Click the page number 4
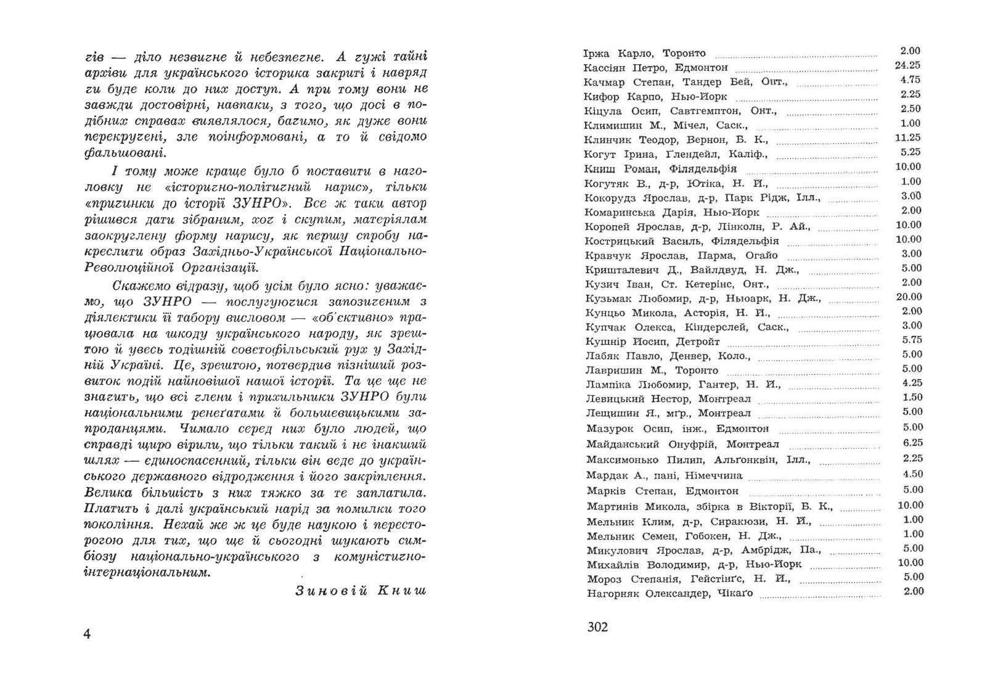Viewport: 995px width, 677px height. [87, 634]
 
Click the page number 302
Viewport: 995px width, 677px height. [597, 627]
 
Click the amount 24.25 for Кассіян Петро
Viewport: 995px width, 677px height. [907, 65]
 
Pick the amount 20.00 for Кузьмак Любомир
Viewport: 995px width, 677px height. [909, 297]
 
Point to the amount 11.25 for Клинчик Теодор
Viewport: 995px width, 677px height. [907, 137]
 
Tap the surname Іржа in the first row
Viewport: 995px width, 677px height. [596, 54]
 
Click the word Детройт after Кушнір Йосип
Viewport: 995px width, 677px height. [698, 342]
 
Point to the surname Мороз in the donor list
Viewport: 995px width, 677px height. [604, 579]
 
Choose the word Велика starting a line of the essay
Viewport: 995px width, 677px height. [107, 493]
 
